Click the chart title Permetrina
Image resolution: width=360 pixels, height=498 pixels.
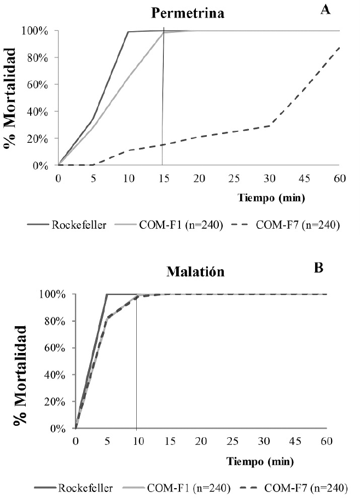(x=188, y=13)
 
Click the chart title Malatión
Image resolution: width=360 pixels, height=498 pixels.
(x=195, y=272)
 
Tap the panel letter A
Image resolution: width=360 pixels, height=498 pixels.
(x=326, y=9)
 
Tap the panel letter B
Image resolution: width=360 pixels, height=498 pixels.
(x=318, y=268)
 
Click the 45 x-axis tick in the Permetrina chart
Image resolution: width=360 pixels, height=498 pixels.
(x=304, y=178)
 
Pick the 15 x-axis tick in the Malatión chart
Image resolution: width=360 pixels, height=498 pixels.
(x=170, y=442)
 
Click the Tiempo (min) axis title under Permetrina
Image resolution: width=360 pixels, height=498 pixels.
(x=271, y=198)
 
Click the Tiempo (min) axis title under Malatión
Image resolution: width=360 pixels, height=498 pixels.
(x=260, y=461)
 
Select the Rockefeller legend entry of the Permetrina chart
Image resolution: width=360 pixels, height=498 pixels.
(x=67, y=225)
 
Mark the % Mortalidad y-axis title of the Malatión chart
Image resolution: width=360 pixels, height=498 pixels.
(x=20, y=375)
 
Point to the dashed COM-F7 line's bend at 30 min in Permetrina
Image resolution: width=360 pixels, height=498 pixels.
(x=270, y=126)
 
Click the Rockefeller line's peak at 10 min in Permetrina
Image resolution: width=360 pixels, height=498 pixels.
(x=128, y=32)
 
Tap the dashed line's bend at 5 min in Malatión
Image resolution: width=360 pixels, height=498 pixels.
(x=107, y=318)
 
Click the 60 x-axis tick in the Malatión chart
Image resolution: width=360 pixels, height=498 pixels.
(x=327, y=442)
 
